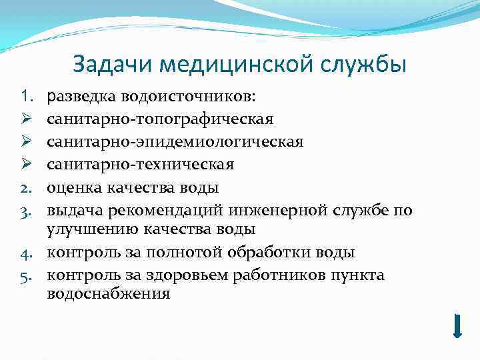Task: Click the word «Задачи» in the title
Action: [x=107, y=65]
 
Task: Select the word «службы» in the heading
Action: [x=361, y=65]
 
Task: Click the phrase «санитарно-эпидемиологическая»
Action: [x=175, y=142]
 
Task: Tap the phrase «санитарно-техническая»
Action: [x=141, y=164]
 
